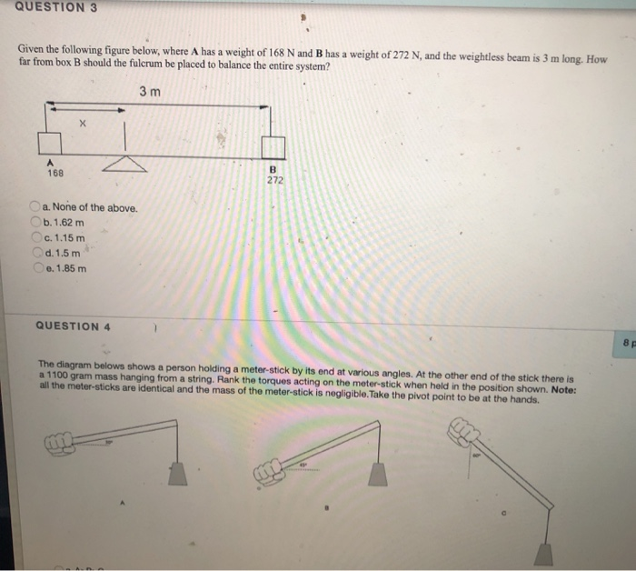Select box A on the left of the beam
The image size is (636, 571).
coord(49,143)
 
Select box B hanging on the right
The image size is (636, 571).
coord(273,147)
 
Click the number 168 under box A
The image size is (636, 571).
coord(55,173)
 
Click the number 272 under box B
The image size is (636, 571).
coord(274,180)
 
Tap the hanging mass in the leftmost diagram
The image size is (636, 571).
coord(176,474)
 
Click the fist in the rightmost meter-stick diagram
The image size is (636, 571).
coord(462,434)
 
